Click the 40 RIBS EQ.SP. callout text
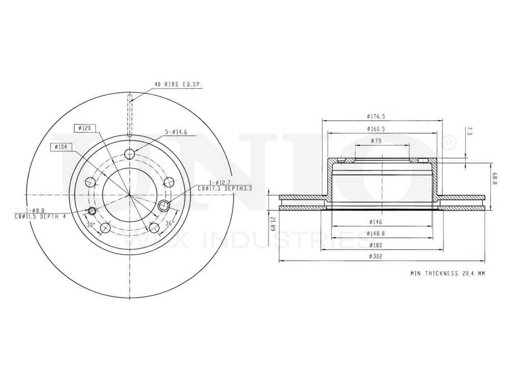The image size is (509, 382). [178, 85]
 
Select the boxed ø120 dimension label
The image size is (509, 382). [84, 128]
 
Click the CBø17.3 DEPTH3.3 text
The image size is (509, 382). [225, 188]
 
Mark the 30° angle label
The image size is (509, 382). [91, 224]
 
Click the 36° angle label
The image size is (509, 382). [169, 223]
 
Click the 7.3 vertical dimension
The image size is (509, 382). [469, 132]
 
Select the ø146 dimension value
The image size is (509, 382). [377, 222]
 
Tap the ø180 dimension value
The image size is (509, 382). [377, 245]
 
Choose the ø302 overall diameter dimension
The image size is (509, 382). [377, 257]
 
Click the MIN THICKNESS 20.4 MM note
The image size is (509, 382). [448, 274]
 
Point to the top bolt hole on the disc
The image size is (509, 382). [130, 154]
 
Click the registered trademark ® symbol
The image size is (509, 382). [450, 144]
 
